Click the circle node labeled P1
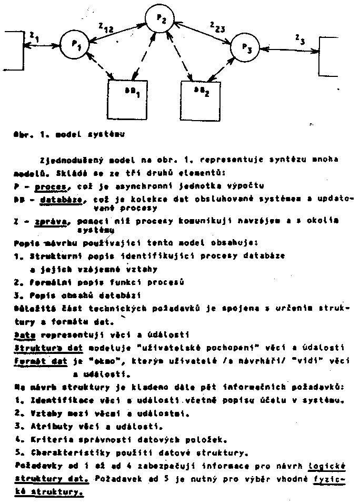click(74, 44)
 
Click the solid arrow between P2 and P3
click(205, 33)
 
